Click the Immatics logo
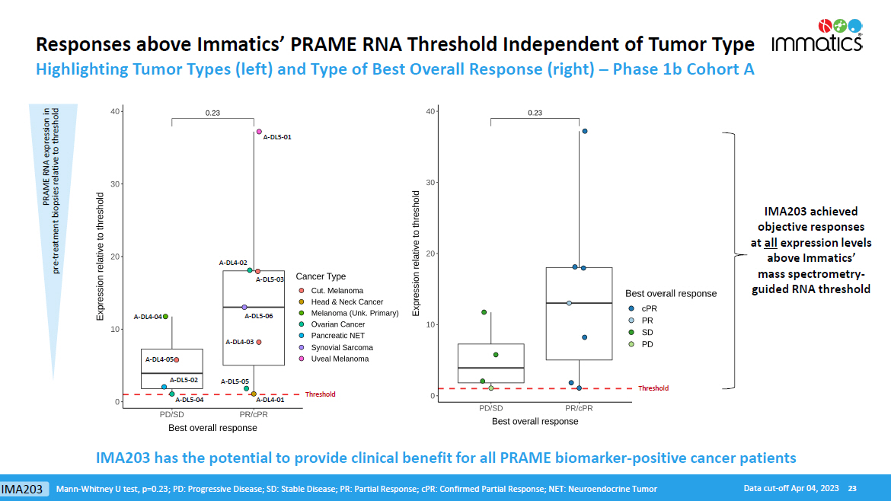click(817, 36)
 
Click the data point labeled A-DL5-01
click(259, 132)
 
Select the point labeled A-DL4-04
click(165, 317)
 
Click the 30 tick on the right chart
click(430, 183)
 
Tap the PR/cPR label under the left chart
click(254, 415)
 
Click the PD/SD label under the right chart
click(490, 409)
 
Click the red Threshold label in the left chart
click(320, 394)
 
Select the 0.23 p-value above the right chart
click(535, 113)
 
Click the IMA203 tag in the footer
click(21, 488)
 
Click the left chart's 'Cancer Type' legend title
click(321, 276)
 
